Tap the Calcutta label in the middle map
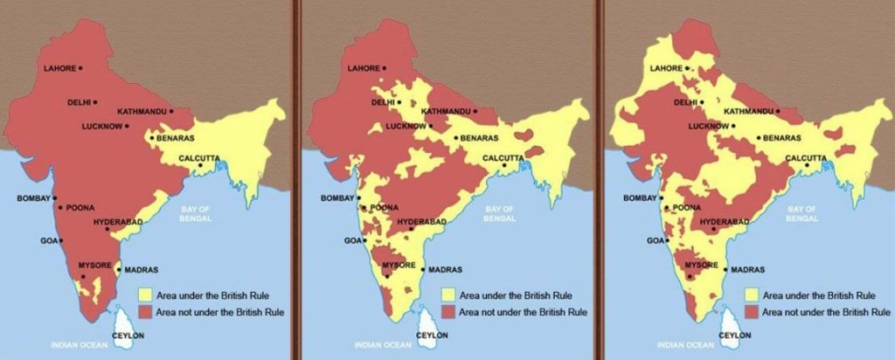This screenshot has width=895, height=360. (500, 157)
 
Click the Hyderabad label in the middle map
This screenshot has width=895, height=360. (421, 223)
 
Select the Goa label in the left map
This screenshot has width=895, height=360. (48, 239)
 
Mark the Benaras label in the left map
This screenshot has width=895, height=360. (177, 138)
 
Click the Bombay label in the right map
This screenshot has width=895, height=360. (640, 198)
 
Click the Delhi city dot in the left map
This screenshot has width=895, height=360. (95, 102)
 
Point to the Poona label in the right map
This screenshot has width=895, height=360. (688, 208)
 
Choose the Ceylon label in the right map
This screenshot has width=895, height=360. (734, 335)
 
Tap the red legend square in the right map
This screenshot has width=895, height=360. (751, 311)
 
